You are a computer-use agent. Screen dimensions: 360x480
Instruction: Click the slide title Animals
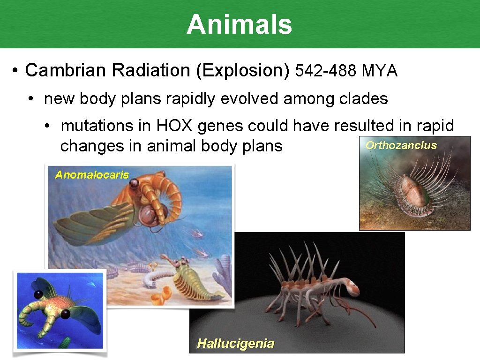tap(239, 24)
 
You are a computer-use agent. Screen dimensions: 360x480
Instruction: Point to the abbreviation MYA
tap(380, 71)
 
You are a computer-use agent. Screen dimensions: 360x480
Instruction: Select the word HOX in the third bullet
tap(173, 126)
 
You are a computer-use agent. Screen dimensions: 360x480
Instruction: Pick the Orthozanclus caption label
tap(401, 145)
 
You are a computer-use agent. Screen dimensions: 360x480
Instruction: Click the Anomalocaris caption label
tap(92, 175)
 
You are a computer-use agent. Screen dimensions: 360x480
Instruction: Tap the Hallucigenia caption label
tap(235, 344)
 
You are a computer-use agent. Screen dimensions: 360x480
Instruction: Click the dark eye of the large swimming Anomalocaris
tap(135, 185)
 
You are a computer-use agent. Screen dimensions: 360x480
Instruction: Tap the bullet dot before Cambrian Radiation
tap(15, 71)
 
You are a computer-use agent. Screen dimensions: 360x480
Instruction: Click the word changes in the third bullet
tap(84, 146)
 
